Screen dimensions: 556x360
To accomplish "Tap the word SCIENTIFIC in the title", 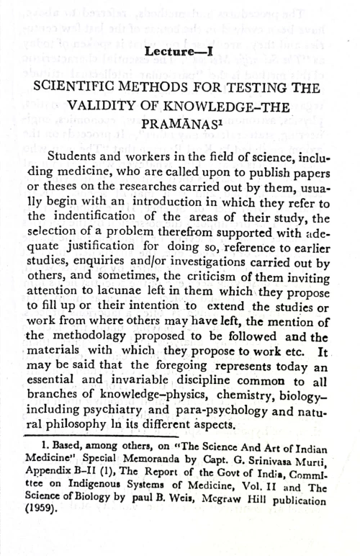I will tap(98, 87).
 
